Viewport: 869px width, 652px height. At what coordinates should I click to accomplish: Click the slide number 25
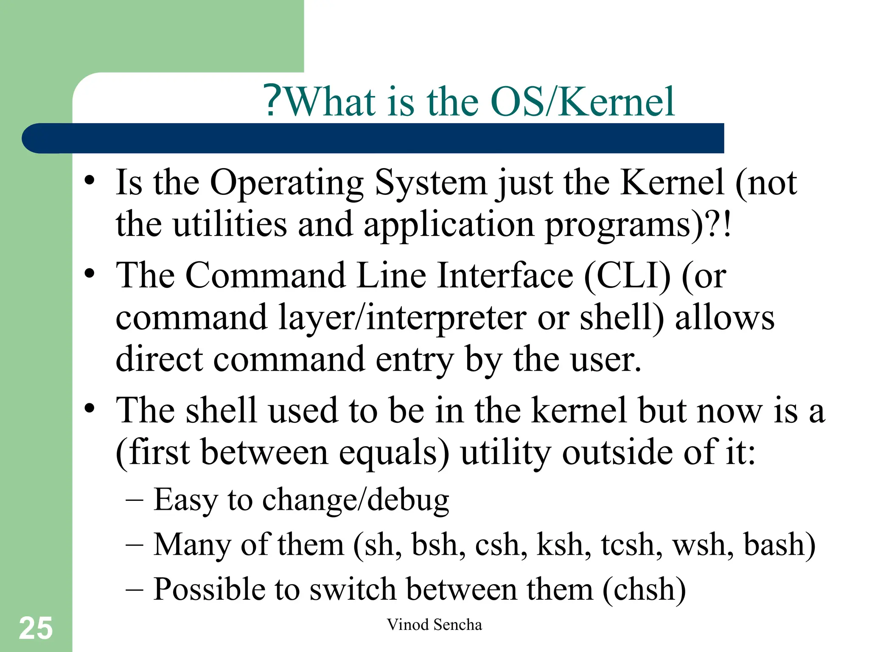pos(36,628)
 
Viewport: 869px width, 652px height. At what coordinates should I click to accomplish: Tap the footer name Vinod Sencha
pos(434,625)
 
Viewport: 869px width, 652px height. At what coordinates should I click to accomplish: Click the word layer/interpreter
pos(402,318)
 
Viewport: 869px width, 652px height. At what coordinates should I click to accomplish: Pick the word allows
pos(724,318)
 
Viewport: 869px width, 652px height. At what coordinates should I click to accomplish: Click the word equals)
pos(393,452)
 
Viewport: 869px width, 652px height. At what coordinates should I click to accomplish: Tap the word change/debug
pos(355,500)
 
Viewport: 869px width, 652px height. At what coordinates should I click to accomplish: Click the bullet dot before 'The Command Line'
pos(89,273)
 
